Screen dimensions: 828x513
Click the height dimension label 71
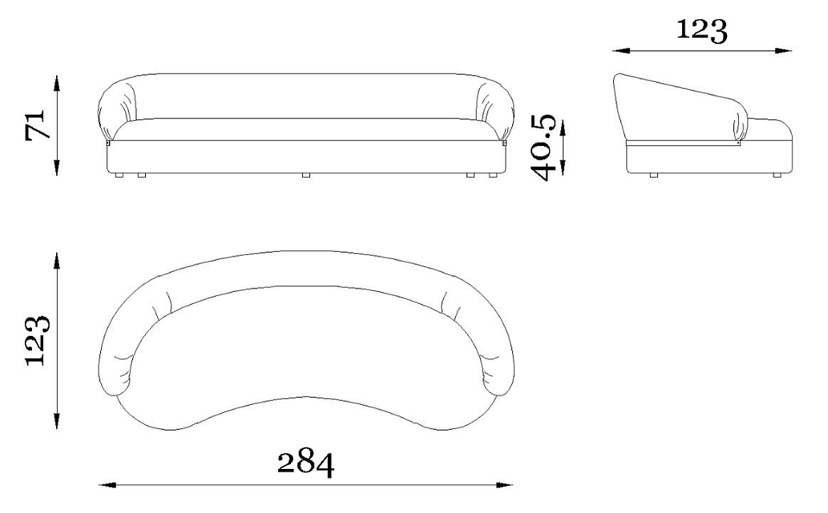coord(38,125)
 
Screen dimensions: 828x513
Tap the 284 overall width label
coord(305,463)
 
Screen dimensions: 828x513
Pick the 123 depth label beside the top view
coord(38,340)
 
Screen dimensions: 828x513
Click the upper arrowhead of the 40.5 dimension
coord(563,128)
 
